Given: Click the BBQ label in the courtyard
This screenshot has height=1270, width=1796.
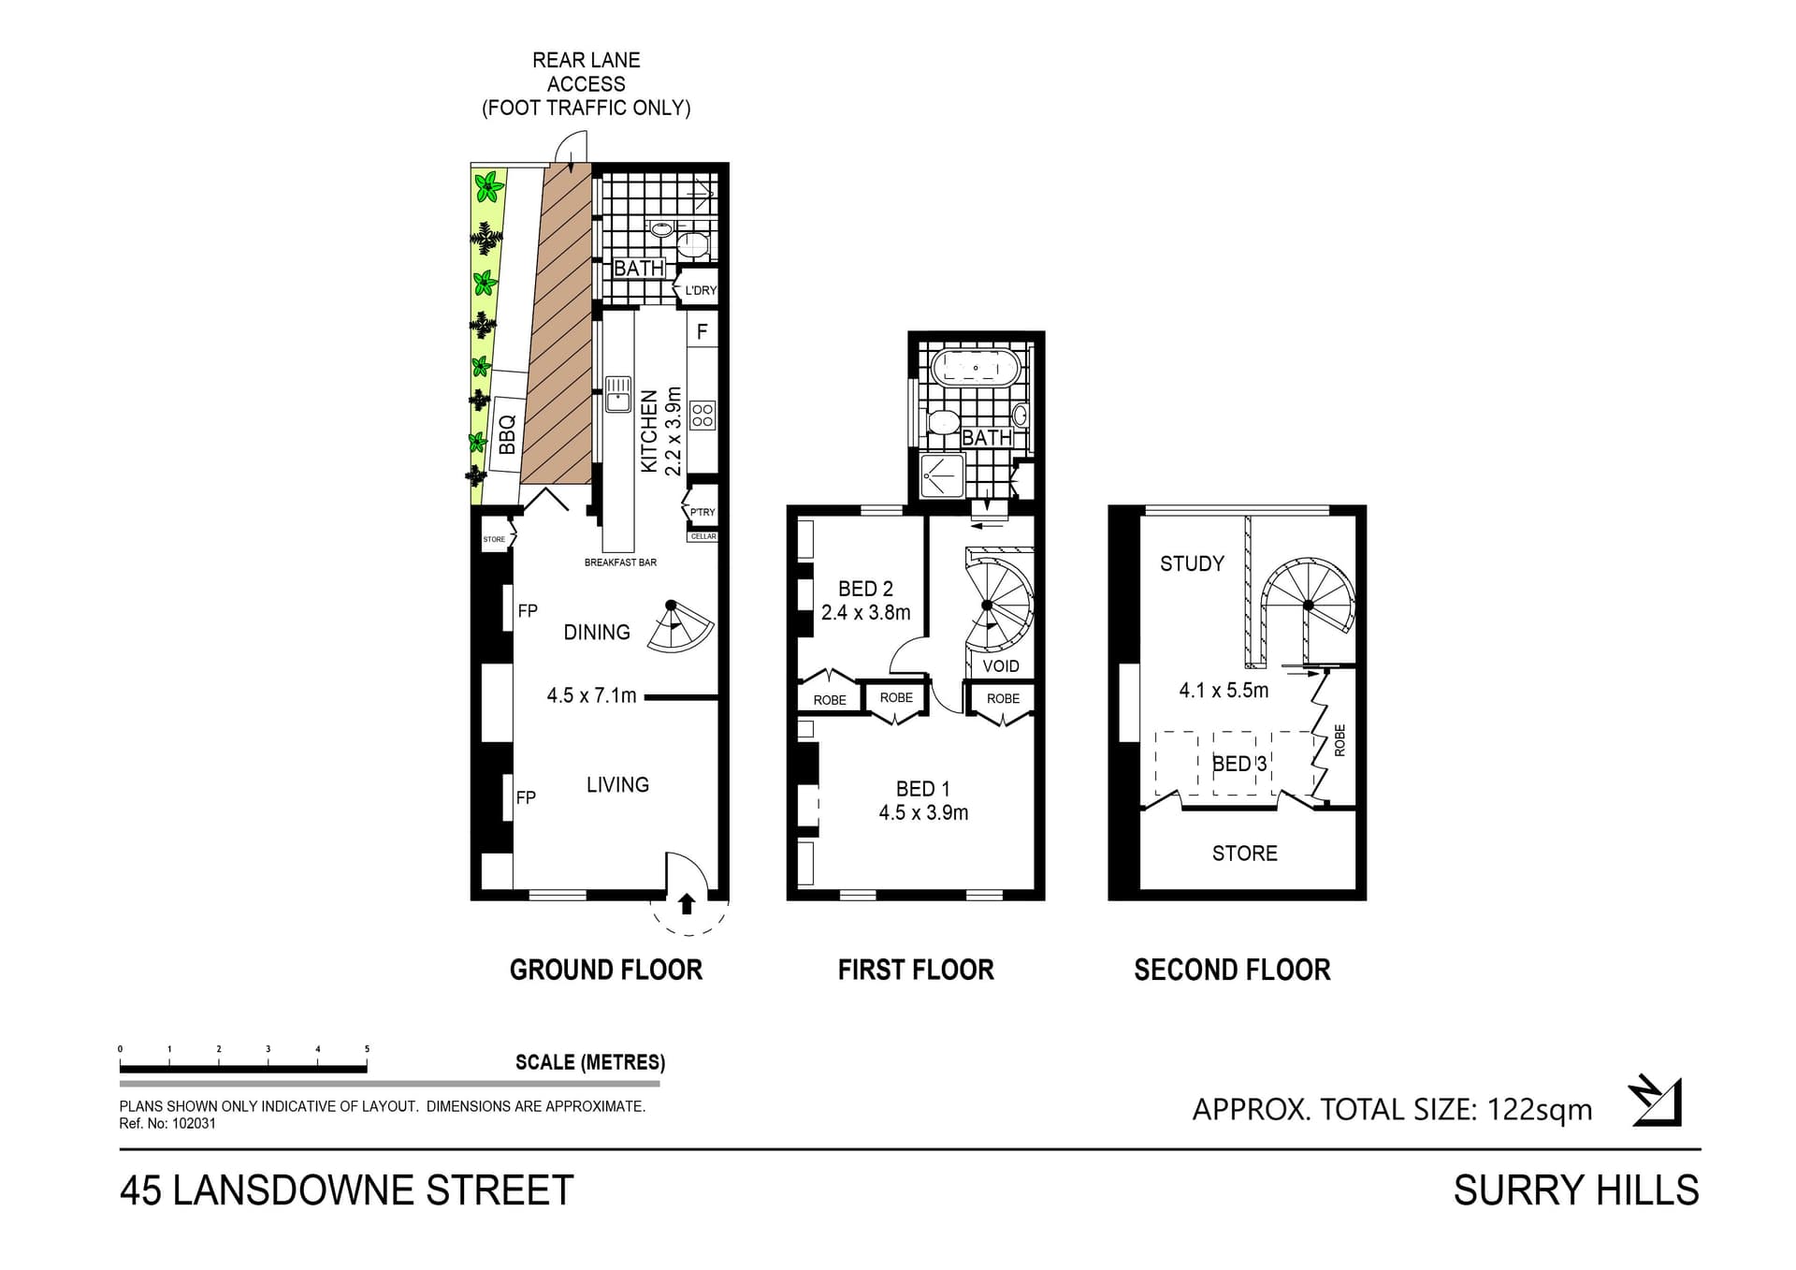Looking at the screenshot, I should point(507,435).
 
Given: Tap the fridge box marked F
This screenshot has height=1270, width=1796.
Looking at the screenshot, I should point(702,331).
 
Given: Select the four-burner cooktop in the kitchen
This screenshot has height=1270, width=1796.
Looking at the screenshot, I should point(702,415).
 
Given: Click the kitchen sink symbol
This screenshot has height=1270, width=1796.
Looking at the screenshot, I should point(617,394).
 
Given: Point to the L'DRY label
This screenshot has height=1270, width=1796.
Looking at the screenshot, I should point(701,290).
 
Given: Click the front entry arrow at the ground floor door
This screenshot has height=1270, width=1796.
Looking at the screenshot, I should point(687,903).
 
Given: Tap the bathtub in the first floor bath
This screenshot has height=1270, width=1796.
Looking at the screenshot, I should point(976,368).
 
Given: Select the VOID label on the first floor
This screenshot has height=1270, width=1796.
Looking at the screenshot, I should point(1001,666).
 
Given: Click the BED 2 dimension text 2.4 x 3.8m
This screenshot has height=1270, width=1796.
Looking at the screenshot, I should point(865,613).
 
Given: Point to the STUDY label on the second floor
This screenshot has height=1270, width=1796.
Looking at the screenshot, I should point(1192,563).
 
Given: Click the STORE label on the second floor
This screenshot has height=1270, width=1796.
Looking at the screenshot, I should point(1244,854).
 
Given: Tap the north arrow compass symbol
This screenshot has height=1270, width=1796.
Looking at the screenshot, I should point(1656,1102).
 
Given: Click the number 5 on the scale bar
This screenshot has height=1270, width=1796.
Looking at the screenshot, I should point(367,1049).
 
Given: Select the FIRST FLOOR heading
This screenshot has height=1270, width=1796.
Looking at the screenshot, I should point(916,970).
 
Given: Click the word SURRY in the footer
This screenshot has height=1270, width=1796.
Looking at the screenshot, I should point(1507,1190).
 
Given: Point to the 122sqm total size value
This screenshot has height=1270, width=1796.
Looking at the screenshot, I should point(1540,1110).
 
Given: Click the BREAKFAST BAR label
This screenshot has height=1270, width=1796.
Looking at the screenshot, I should point(620,562).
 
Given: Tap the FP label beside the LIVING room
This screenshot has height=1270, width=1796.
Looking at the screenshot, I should point(526,797).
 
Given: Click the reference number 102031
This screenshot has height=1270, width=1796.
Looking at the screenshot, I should point(194,1123).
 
